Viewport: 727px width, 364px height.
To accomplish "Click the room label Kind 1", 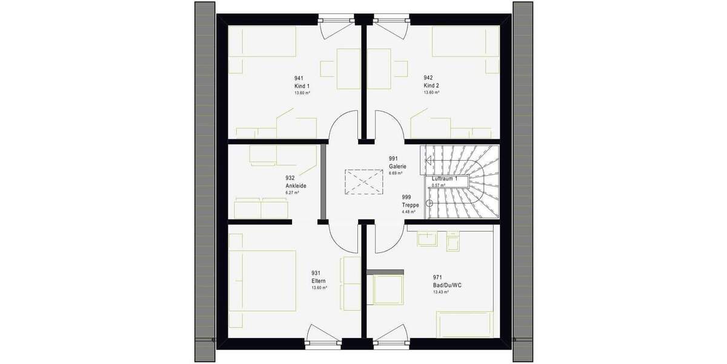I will pos(301,86).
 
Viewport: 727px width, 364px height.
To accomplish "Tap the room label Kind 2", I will pos(431,86).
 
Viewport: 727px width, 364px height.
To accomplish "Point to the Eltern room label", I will pos(319,281).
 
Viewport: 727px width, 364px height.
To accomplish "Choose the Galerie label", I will pos(397,166).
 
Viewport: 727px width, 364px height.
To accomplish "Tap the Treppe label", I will pos(410,205).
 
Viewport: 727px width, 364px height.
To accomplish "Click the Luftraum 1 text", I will pos(449,180).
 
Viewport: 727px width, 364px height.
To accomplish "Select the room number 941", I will pos(299,78).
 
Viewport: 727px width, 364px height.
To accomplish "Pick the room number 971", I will pos(437,277).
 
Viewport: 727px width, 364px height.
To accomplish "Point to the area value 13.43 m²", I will pos(440,292).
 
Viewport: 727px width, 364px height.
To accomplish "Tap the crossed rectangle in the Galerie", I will pos(360,181).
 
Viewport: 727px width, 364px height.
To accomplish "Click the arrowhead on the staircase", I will pos(428,161).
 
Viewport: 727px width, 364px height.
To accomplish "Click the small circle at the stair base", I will pos(431,203).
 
